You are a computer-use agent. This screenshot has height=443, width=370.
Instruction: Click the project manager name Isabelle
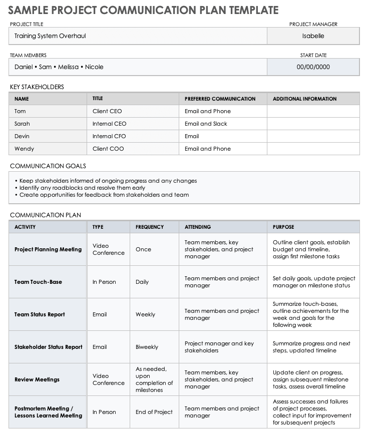click(313, 36)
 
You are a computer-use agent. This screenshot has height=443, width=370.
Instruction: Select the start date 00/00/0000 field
click(313, 67)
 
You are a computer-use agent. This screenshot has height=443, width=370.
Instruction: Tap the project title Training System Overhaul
click(54, 36)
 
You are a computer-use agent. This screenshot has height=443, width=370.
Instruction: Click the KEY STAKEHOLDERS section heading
click(37, 87)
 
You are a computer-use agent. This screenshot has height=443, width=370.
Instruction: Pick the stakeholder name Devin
click(22, 136)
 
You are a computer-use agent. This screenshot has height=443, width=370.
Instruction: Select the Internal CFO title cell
click(109, 136)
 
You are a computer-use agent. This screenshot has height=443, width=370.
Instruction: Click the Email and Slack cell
click(206, 124)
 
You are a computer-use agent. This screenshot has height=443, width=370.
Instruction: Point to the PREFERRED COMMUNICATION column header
click(220, 99)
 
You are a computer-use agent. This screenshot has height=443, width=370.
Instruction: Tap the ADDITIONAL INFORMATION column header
click(304, 99)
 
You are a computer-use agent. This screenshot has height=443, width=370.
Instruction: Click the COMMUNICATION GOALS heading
click(48, 166)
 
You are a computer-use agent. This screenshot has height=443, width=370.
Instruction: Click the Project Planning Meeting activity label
click(48, 249)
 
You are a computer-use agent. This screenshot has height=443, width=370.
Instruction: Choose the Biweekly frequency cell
click(147, 347)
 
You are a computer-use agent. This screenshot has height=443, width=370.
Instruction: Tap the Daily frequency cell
click(142, 282)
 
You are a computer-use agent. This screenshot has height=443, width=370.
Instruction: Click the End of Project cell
click(154, 412)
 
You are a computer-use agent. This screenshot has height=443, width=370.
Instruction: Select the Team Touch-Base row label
click(38, 282)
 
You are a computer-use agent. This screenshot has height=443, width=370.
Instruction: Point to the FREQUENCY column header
click(149, 227)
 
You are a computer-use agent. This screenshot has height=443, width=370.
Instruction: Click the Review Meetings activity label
click(37, 379)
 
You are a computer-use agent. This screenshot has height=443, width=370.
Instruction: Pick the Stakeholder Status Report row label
click(49, 347)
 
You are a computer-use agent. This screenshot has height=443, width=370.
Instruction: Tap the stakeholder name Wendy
click(24, 149)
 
